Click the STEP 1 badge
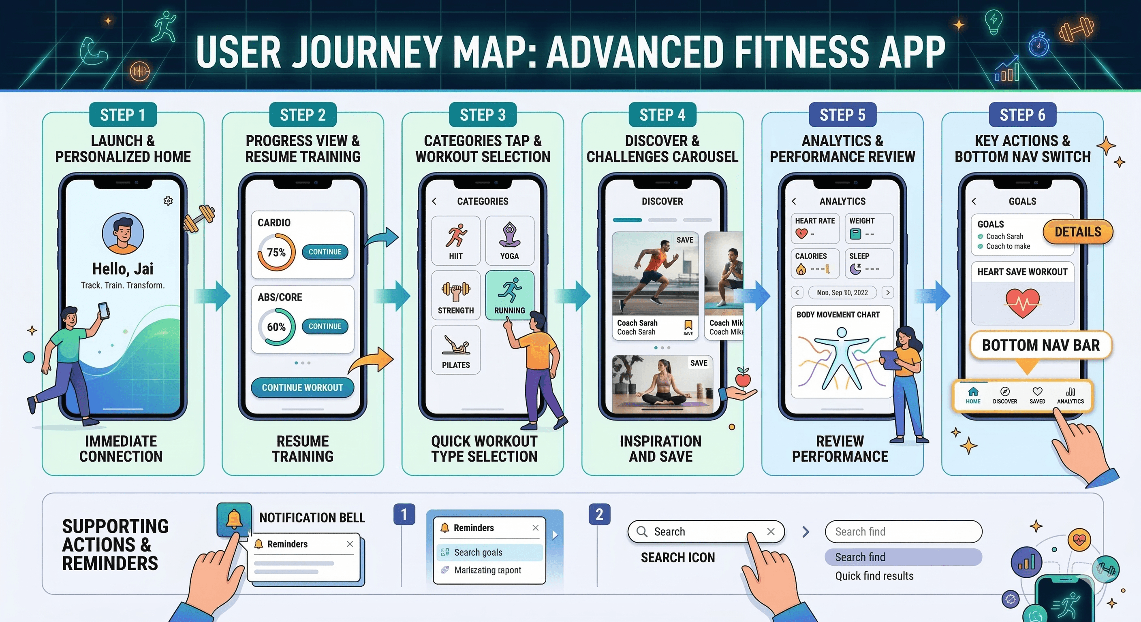(123, 115)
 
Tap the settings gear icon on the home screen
(168, 201)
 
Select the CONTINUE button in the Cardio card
(325, 252)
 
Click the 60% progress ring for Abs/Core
(276, 327)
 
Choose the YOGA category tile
(509, 241)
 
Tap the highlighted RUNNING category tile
(509, 295)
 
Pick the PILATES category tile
(456, 350)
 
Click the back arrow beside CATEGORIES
(434, 201)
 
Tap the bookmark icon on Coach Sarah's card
(688, 326)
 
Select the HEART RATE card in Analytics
(814, 228)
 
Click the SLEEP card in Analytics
(869, 263)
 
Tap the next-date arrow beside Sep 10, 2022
(888, 293)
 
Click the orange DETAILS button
(1077, 232)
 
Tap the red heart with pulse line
(1022, 303)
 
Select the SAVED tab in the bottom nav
(1037, 395)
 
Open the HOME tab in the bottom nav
(973, 395)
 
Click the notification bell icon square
(234, 519)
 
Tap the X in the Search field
(771, 532)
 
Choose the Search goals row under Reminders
(489, 552)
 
